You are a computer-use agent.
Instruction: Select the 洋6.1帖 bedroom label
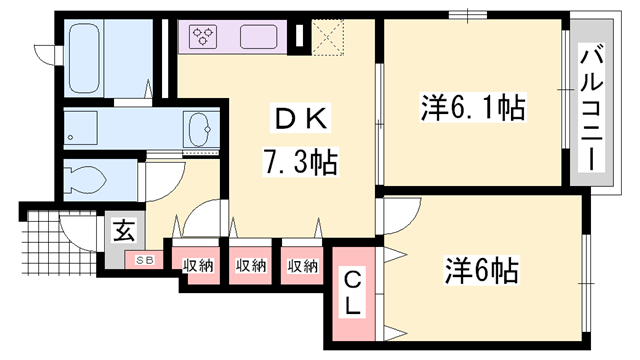coord(471,106)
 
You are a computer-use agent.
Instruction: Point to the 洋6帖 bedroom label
coord(481,269)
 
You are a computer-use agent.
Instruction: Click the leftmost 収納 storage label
coord(198,265)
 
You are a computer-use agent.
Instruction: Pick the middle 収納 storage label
coord(250,265)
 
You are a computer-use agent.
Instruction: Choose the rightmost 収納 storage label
coord(302,265)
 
